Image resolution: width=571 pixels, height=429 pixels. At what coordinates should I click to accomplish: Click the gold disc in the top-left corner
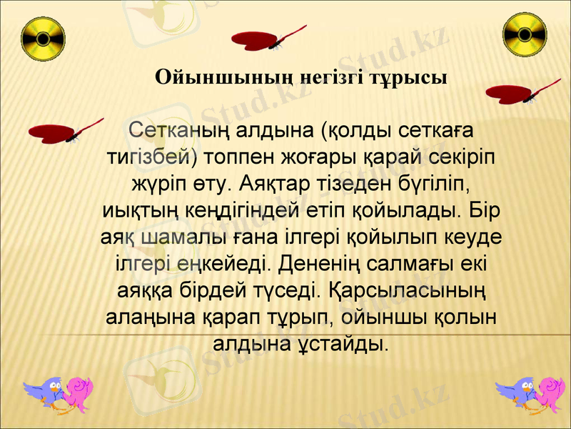43,37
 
